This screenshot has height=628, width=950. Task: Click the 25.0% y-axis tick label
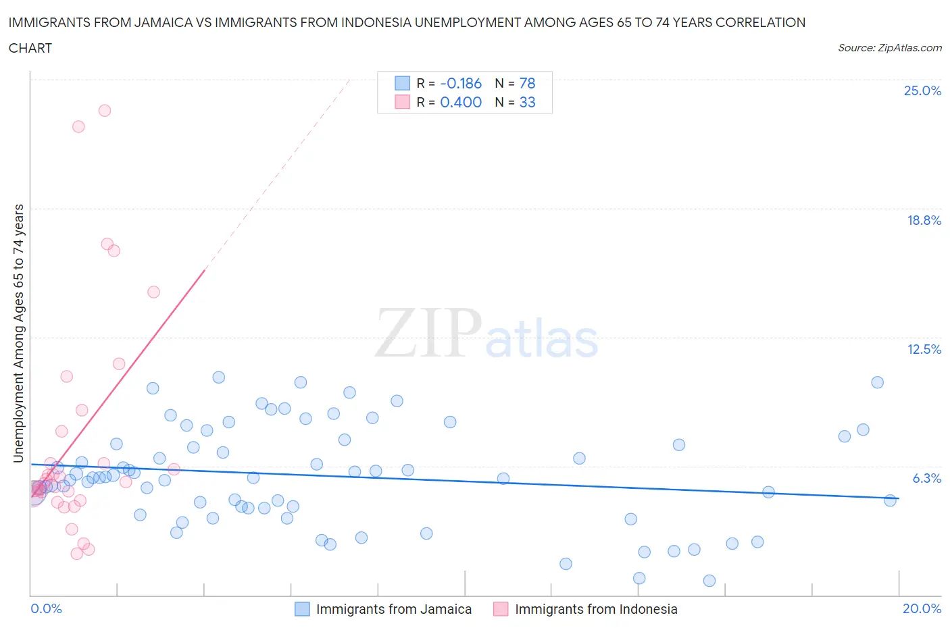922,90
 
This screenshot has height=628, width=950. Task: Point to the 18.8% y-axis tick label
924,220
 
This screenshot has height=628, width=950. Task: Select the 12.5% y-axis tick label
924,349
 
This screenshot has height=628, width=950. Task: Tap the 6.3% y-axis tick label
926,478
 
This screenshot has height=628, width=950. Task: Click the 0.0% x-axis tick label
46,608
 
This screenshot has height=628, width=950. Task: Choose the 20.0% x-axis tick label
922,608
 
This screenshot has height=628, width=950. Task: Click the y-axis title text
18,334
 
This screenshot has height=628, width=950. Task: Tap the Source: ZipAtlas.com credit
889,48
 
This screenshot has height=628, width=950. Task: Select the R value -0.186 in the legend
461,83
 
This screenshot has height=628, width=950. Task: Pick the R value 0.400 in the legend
461,102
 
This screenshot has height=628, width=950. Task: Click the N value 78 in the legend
527,83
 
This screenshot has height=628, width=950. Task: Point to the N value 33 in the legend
527,102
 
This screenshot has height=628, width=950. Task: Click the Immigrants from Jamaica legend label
394,609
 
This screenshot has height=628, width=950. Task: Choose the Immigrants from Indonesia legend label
596,609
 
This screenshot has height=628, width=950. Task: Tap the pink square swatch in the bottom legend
501,609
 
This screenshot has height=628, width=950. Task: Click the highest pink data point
105,111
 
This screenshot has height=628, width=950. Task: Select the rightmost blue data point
890,500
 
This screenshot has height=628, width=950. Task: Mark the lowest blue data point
709,581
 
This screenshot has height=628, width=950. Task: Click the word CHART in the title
30,48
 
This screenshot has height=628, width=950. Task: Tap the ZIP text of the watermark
428,332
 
